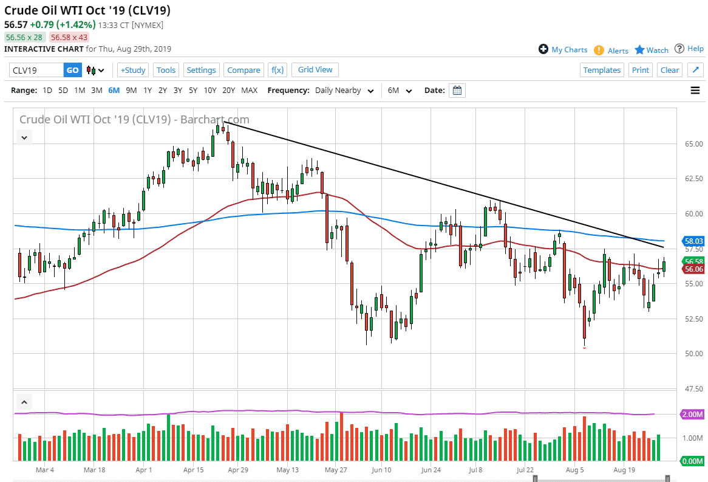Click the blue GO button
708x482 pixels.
(x=72, y=70)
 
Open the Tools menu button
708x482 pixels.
(x=166, y=70)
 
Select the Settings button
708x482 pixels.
(x=201, y=70)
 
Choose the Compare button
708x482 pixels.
(x=243, y=70)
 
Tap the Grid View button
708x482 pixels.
(x=315, y=69)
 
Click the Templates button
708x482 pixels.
(x=602, y=70)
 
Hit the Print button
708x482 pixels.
(x=640, y=70)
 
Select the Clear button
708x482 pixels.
(x=670, y=70)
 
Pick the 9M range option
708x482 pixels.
(x=131, y=91)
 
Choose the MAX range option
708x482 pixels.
(x=249, y=91)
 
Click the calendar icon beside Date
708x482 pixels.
(x=457, y=91)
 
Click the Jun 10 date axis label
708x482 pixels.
(x=381, y=470)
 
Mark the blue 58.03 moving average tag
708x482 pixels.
(x=693, y=241)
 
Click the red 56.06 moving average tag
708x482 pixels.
(x=693, y=269)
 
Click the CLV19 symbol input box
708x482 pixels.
(x=36, y=70)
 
